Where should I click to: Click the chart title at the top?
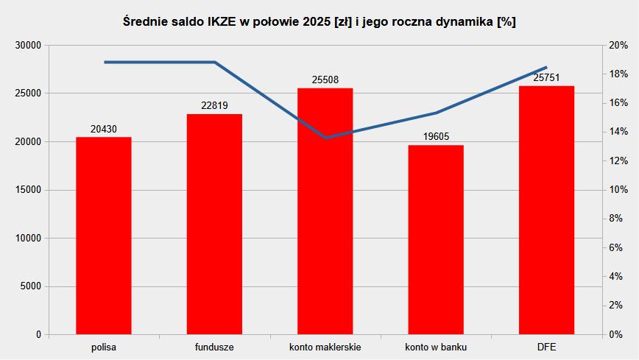tap(319, 21)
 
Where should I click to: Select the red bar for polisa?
tap(104, 236)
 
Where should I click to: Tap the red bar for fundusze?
tap(214, 224)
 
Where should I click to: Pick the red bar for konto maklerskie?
tap(325, 211)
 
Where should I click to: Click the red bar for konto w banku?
tap(436, 239)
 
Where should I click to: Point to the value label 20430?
tap(104, 129)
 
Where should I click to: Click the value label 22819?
tap(214, 106)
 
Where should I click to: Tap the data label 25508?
tap(325, 80)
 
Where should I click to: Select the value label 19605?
tap(436, 137)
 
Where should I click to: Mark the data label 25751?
tap(546, 77)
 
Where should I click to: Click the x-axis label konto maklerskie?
tap(325, 347)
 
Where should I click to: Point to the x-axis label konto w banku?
tap(436, 347)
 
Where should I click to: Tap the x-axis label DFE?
tap(546, 347)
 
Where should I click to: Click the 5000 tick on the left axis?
tap(29, 286)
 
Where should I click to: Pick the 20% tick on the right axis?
tap(617, 46)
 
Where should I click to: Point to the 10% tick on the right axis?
tap(617, 190)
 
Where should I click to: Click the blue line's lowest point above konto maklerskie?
tap(325, 138)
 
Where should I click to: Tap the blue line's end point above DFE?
tap(546, 68)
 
